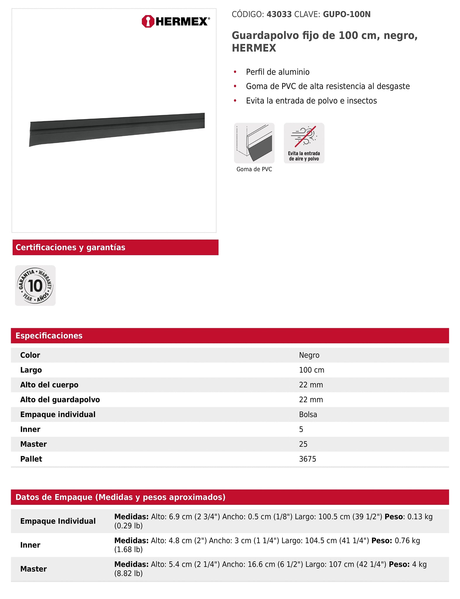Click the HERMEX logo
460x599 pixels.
[x=175, y=21]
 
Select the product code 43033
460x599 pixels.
[x=279, y=14]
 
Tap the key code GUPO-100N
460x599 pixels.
[x=347, y=14]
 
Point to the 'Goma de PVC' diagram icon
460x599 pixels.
[x=254, y=143]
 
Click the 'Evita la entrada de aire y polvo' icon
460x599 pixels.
[x=304, y=143]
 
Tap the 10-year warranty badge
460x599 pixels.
[x=35, y=285]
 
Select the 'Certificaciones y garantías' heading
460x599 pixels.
[x=70, y=247]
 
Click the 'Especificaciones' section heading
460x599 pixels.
[x=49, y=335]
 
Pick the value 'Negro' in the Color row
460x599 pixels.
[x=309, y=355]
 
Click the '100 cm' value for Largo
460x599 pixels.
[x=311, y=370]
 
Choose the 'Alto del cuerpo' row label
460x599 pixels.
[x=49, y=385]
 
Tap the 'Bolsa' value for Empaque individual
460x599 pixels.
[x=308, y=414]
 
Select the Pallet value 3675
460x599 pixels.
[x=307, y=459]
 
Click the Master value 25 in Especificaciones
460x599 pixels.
[x=303, y=444]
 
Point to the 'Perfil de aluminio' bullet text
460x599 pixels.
[x=278, y=72]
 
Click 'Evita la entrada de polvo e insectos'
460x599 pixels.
[x=311, y=101]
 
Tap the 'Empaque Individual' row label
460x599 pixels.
[x=58, y=521]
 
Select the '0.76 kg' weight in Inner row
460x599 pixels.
[x=407, y=541]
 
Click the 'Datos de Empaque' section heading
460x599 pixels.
[x=120, y=497]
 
